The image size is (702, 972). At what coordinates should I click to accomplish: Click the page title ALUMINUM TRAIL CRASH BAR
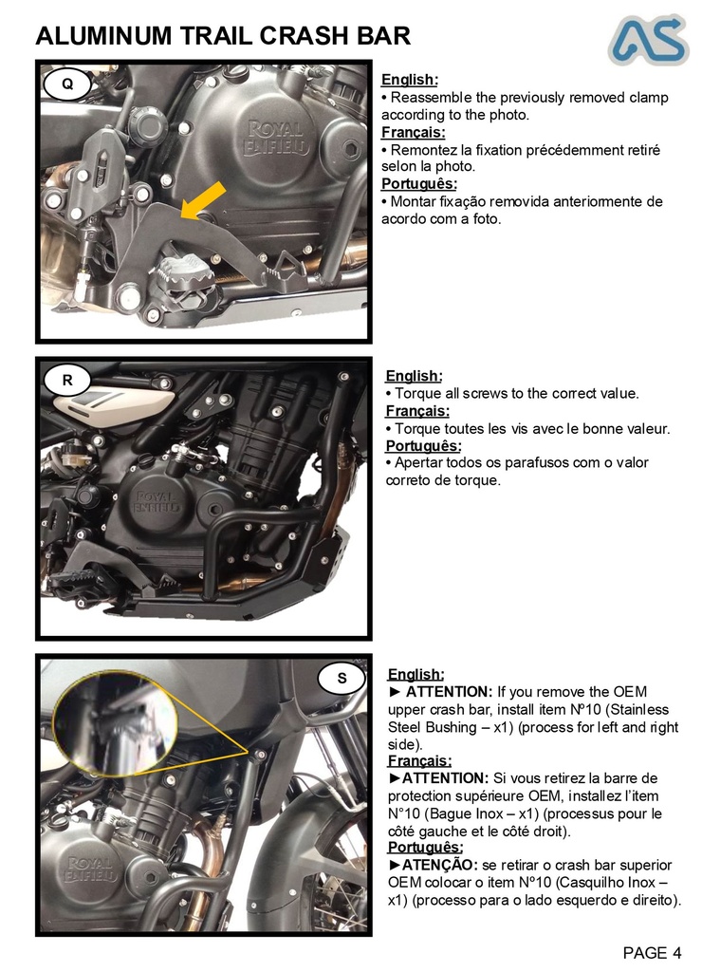pyautogui.click(x=223, y=36)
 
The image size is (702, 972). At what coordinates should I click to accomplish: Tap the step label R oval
pyautogui.click(x=67, y=381)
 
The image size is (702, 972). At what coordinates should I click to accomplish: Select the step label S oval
pyautogui.click(x=342, y=678)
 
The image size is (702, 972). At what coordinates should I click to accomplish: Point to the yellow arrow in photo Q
pyautogui.click(x=204, y=200)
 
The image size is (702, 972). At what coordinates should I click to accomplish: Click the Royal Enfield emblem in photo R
pyautogui.click(x=156, y=502)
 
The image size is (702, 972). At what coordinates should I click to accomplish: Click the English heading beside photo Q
pyautogui.click(x=409, y=80)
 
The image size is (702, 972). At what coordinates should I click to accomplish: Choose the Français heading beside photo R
pyautogui.click(x=417, y=411)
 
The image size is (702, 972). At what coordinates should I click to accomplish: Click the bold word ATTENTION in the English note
pyautogui.click(x=448, y=691)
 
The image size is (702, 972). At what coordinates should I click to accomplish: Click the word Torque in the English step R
pyautogui.click(x=417, y=393)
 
